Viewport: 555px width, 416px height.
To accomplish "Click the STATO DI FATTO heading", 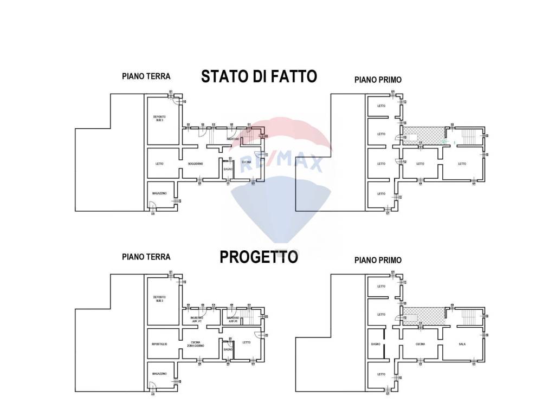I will tap(259, 76).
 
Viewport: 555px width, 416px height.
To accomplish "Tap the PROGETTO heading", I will tap(259, 257).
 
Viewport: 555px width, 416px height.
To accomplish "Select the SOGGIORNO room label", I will tap(195, 164).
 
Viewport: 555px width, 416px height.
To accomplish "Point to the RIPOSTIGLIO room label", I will tap(159, 344).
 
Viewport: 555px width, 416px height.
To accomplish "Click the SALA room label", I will tap(462, 344).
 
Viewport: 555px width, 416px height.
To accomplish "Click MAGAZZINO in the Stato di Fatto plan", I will tap(159, 193).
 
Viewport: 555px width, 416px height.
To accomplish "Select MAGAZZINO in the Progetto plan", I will tap(159, 374).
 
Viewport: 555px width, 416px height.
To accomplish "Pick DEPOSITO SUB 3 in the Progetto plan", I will tap(159, 298).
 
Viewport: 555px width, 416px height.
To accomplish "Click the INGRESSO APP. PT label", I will tap(196, 320).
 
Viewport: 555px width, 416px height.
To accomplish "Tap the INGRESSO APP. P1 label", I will tap(233, 320).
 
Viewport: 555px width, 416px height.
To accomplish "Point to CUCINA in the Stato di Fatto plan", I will tap(247, 161).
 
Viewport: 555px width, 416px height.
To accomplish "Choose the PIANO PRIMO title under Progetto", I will tap(378, 260).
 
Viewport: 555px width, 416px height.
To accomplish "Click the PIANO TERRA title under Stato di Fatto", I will tap(146, 76).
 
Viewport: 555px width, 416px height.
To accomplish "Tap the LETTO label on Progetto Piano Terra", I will tap(247, 342).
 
